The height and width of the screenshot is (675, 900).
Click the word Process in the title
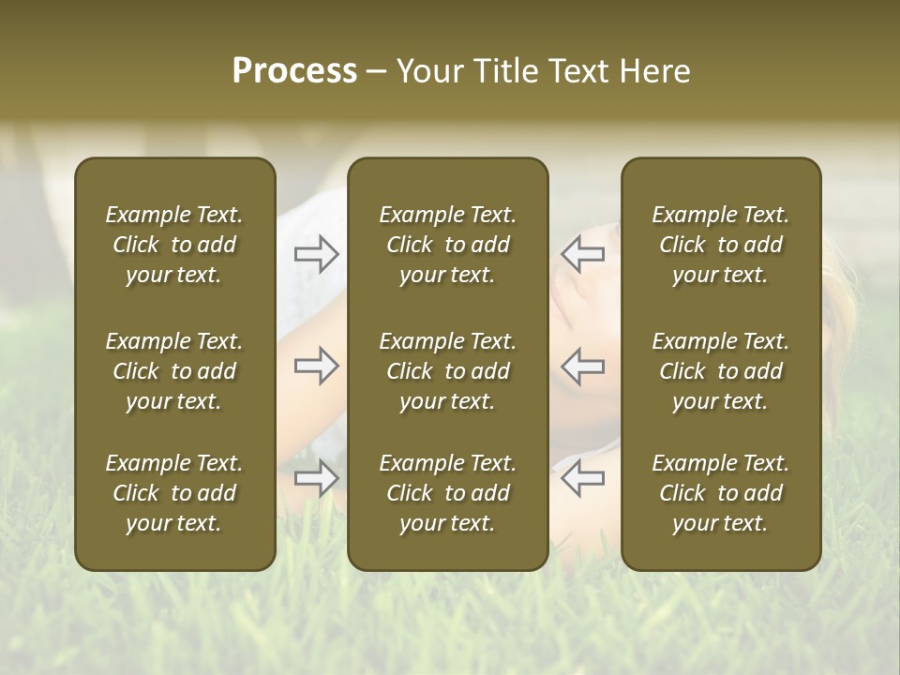click(294, 71)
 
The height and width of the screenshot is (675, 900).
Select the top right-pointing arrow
click(316, 254)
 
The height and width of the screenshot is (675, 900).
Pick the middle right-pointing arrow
click(316, 366)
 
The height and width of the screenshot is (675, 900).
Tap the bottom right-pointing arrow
click(316, 478)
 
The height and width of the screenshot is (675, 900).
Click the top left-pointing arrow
click(582, 254)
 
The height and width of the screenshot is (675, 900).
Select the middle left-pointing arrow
click(582, 366)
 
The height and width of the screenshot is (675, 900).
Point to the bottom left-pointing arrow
click(582, 478)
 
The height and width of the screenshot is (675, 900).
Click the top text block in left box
click(174, 245)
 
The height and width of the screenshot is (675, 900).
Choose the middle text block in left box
click(174, 371)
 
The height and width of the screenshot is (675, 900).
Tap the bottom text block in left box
click(174, 493)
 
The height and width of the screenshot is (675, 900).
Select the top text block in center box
click(447, 245)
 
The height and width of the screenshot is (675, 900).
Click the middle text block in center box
click(447, 371)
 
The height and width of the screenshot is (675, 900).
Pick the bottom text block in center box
click(447, 493)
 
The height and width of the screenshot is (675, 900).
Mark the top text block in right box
click(720, 245)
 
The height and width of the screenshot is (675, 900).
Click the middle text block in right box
click(720, 371)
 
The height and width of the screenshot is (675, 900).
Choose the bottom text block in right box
click(720, 493)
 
